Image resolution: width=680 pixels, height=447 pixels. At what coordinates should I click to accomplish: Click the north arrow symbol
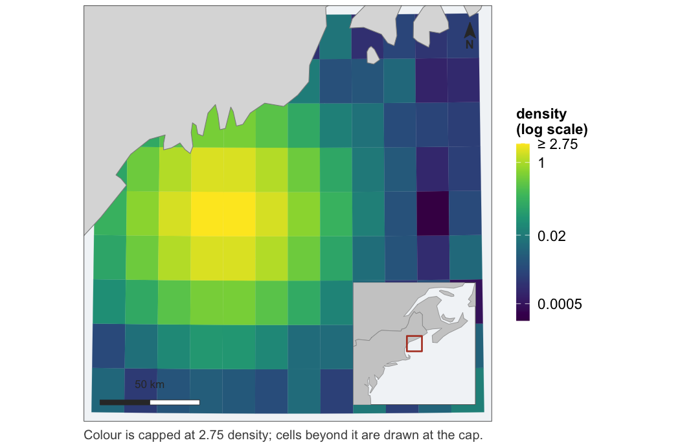470,30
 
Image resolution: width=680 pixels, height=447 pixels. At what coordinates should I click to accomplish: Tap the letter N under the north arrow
470,44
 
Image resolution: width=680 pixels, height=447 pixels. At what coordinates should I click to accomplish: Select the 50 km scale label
149,385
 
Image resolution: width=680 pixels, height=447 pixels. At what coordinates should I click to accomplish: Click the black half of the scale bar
125,402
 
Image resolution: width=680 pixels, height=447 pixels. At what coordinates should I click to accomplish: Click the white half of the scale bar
175,402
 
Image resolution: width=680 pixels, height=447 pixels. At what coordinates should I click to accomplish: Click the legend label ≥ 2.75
557,144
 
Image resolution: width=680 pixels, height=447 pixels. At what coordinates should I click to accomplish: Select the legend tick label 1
541,163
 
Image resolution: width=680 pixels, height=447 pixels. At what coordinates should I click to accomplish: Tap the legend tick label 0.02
552,236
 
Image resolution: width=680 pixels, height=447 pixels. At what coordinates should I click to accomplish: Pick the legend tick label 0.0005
560,304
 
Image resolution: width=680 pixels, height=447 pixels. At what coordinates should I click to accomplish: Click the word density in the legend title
541,114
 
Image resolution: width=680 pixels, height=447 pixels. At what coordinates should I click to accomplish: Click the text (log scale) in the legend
552,130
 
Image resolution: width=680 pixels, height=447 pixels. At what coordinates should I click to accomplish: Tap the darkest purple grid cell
433,213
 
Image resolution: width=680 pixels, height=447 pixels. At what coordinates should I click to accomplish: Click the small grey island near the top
372,56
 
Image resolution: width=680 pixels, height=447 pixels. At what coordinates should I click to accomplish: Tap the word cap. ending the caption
470,436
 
